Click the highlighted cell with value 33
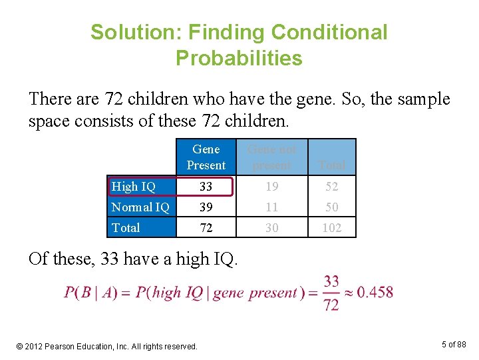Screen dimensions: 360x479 click(206, 187)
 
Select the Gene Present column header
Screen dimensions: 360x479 click(206, 157)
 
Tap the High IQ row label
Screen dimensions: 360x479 click(133, 187)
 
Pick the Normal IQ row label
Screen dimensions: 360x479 click(140, 207)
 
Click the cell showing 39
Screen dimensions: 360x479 click(206, 207)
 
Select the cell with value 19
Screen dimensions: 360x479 click(271, 187)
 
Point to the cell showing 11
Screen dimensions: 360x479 click(271, 207)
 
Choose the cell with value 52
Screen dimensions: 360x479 click(331, 187)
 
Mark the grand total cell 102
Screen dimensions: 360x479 click(331, 228)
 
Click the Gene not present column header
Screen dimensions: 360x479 click(271, 157)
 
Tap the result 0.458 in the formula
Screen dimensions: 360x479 click(375, 292)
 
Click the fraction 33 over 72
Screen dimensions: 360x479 click(331, 293)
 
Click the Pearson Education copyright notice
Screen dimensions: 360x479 click(107, 346)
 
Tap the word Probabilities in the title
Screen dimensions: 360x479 click(239, 59)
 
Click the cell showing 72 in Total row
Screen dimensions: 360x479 click(206, 228)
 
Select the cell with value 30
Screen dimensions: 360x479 click(271, 228)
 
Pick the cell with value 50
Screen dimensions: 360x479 click(331, 207)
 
